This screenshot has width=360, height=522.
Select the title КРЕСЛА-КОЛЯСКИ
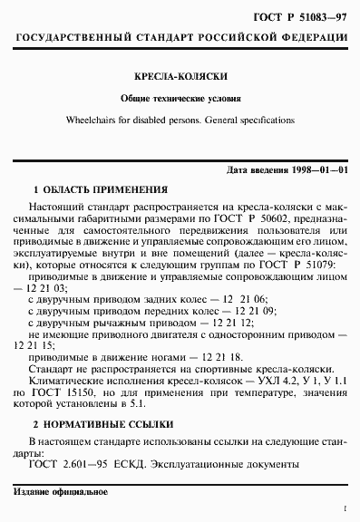[180, 78]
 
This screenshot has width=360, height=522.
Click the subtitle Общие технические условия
[180, 98]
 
